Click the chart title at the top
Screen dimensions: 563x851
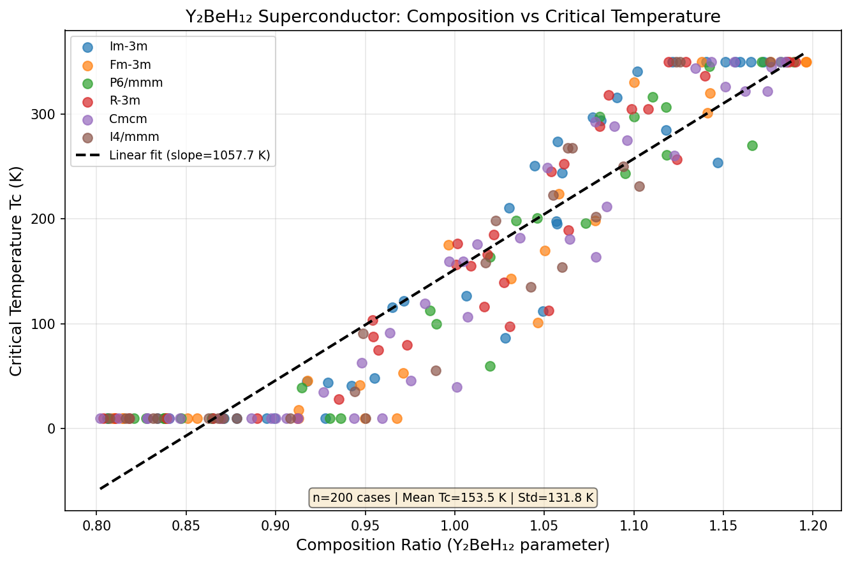[453, 17]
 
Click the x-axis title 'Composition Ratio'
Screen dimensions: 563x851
[453, 545]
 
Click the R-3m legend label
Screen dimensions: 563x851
[124, 101]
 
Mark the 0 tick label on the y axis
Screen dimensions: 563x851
[54, 428]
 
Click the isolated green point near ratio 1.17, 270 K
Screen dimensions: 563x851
[752, 145]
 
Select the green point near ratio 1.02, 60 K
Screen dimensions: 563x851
[490, 366]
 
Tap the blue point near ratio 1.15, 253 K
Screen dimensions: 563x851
[718, 163]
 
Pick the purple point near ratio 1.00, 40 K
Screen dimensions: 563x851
[457, 387]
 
